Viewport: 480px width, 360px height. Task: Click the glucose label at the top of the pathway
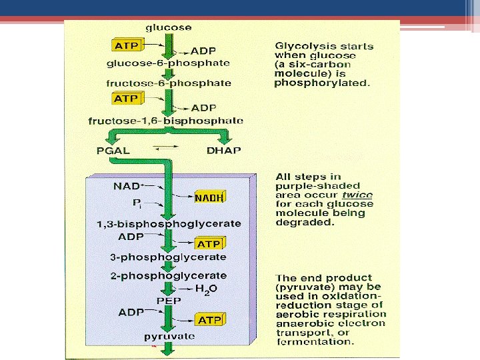(169, 27)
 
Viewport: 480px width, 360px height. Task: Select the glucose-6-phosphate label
(169, 63)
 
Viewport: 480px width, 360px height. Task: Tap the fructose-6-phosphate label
(169, 83)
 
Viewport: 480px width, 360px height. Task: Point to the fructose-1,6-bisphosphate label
(165, 121)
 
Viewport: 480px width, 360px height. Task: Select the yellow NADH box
(209, 197)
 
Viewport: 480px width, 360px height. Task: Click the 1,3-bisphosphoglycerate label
(169, 223)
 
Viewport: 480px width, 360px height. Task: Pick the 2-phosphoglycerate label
(169, 275)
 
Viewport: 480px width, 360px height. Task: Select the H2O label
(207, 289)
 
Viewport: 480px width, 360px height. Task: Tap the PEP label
(168, 301)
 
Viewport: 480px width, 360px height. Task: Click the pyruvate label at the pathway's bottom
(169, 337)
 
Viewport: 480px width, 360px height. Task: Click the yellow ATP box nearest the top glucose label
(127, 46)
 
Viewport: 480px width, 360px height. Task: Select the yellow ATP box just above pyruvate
(209, 321)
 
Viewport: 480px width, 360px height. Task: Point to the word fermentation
(315, 341)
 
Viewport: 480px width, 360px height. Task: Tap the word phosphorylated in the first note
(322, 83)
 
